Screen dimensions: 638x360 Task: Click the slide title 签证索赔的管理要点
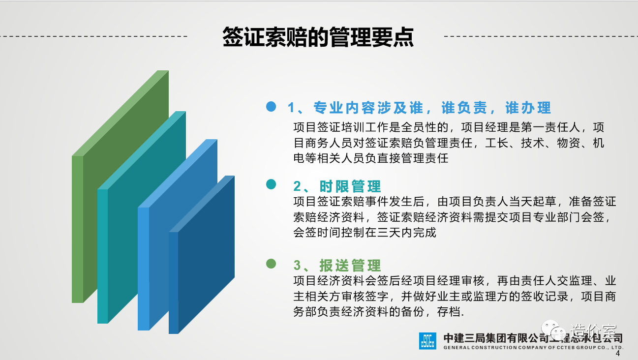pos(318,37)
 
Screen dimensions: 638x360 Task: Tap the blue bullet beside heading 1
pos(271,107)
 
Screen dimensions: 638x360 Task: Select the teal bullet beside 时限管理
pos(271,184)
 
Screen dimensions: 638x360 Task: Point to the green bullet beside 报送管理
pos(271,264)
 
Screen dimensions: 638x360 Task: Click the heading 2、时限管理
pos(337,186)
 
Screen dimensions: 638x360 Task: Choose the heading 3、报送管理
pos(337,266)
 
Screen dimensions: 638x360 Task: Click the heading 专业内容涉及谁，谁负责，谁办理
pos(432,108)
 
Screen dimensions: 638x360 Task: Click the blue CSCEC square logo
pos(427,341)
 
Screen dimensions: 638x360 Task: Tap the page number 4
pos(617,354)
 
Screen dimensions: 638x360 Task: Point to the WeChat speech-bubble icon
pos(553,330)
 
